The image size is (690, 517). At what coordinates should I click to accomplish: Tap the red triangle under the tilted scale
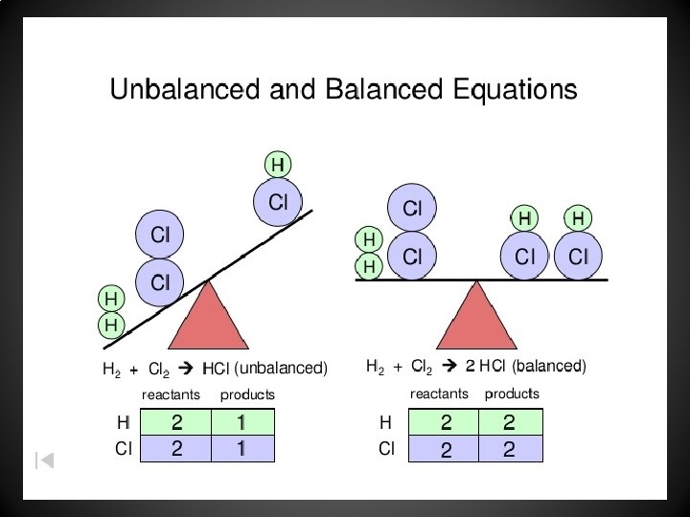[208, 317]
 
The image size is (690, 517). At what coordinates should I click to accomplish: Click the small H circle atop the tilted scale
[278, 165]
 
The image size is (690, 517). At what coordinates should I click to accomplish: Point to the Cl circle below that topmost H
[278, 202]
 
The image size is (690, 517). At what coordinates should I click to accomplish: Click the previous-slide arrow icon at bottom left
[44, 460]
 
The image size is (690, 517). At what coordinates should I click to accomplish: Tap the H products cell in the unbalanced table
[242, 422]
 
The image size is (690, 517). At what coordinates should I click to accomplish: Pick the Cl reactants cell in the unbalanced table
[176, 448]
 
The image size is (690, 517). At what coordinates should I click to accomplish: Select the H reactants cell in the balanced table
[445, 422]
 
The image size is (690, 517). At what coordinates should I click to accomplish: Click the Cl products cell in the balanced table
[510, 448]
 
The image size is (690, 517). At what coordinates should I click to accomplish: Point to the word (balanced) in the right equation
[548, 366]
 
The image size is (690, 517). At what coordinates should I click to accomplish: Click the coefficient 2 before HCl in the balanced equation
[470, 366]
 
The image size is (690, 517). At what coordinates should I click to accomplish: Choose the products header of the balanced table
[511, 393]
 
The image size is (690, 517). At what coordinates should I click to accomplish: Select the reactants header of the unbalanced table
[171, 394]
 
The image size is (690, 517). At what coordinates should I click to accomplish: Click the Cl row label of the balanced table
[386, 447]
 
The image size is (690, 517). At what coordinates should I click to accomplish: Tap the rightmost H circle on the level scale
[578, 219]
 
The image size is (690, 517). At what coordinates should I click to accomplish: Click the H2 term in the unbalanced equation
[111, 369]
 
